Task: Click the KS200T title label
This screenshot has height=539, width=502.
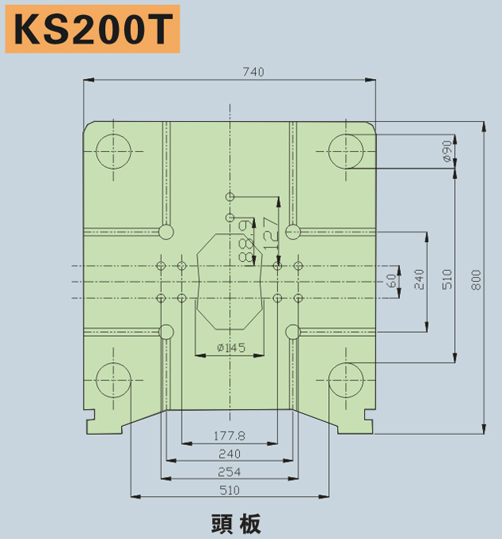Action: point(92,29)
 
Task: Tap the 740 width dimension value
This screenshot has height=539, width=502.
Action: point(253,72)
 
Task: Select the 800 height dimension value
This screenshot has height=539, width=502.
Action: point(476,279)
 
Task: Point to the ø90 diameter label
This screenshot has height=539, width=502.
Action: point(446,151)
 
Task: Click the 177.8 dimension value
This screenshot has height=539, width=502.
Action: point(229,435)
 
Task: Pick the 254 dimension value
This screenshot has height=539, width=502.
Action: point(229,471)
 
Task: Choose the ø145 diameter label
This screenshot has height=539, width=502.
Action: point(231,348)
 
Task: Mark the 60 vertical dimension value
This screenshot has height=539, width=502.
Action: point(391,281)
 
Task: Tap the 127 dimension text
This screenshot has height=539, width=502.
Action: point(271,233)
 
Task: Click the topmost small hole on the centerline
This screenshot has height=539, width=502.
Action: point(229,197)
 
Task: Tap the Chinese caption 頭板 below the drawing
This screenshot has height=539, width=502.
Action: point(236,524)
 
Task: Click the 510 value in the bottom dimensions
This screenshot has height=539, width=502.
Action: point(229,490)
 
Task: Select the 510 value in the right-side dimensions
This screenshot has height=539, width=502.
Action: point(447,279)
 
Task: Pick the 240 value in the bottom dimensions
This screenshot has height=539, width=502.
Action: point(229,454)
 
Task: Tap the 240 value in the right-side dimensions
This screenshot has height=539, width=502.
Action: point(419,279)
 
